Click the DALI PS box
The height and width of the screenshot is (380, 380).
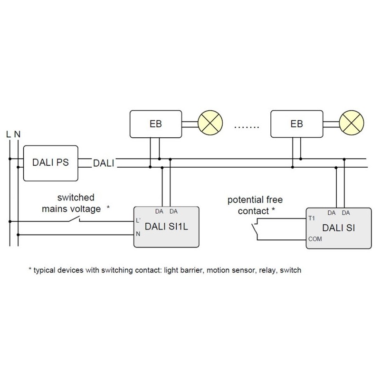tap(51, 163)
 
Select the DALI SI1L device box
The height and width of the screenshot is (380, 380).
tap(166, 227)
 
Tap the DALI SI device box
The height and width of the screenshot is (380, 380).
tap(337, 228)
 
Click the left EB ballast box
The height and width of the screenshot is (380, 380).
tap(155, 124)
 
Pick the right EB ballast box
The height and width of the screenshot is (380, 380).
tap(296, 124)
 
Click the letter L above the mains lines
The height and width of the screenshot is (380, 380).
tap(9, 134)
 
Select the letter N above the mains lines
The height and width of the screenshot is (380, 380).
tap(18, 134)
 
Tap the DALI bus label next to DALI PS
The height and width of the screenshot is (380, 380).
tap(104, 163)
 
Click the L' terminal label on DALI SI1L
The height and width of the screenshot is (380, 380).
tap(138, 221)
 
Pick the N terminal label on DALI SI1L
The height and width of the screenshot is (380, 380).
tap(138, 234)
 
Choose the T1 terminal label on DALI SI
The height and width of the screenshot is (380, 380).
tap(312, 219)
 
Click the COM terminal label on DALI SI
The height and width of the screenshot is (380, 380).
tap(314, 239)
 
